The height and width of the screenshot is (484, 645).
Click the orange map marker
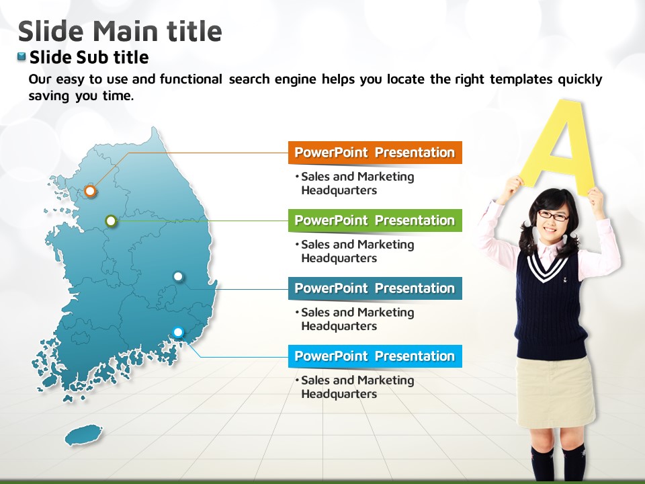pyautogui.click(x=90, y=191)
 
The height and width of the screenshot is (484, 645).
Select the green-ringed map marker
pyautogui.click(x=111, y=221)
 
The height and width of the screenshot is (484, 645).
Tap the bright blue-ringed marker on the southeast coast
pyautogui.click(x=178, y=331)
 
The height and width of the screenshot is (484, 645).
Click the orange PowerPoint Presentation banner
pyautogui.click(x=375, y=153)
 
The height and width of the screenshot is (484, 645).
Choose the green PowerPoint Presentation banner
pyautogui.click(x=375, y=220)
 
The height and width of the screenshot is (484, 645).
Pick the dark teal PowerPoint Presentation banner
pyautogui.click(x=375, y=288)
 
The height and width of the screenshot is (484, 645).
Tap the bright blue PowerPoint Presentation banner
pyautogui.click(x=375, y=356)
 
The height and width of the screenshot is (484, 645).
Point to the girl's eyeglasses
pyautogui.click(x=553, y=215)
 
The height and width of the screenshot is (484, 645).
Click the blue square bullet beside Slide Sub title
pyautogui.click(x=21, y=56)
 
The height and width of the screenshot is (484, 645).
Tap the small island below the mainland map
pyautogui.click(x=83, y=435)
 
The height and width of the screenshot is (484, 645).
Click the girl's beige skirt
pyautogui.click(x=556, y=391)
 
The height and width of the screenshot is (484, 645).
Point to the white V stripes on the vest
pyautogui.click(x=547, y=268)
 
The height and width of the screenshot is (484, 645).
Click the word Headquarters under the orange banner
pyautogui.click(x=339, y=190)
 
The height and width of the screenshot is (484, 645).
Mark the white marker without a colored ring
pyautogui.click(x=178, y=276)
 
